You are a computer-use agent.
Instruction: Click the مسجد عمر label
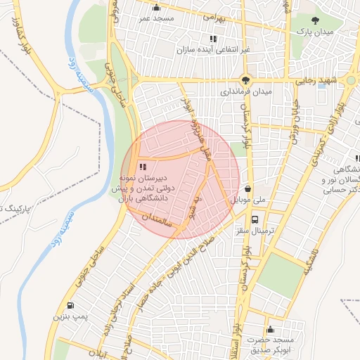[158, 17]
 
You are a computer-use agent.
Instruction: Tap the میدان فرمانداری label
[245, 91]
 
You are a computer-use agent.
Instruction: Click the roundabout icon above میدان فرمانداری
[245, 79]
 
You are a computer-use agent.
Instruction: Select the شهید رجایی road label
[337, 82]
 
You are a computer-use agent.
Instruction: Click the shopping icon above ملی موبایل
[248, 188]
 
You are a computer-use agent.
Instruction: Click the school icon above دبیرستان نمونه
[143, 167]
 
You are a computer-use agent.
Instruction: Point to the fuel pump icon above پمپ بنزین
[70, 305]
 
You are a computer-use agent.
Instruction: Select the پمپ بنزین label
[70, 317]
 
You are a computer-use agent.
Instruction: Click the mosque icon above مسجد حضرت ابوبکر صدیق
[270, 329]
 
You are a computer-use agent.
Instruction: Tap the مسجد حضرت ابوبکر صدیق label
[279, 345]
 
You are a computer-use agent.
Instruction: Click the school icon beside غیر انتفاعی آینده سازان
[212, 39]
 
